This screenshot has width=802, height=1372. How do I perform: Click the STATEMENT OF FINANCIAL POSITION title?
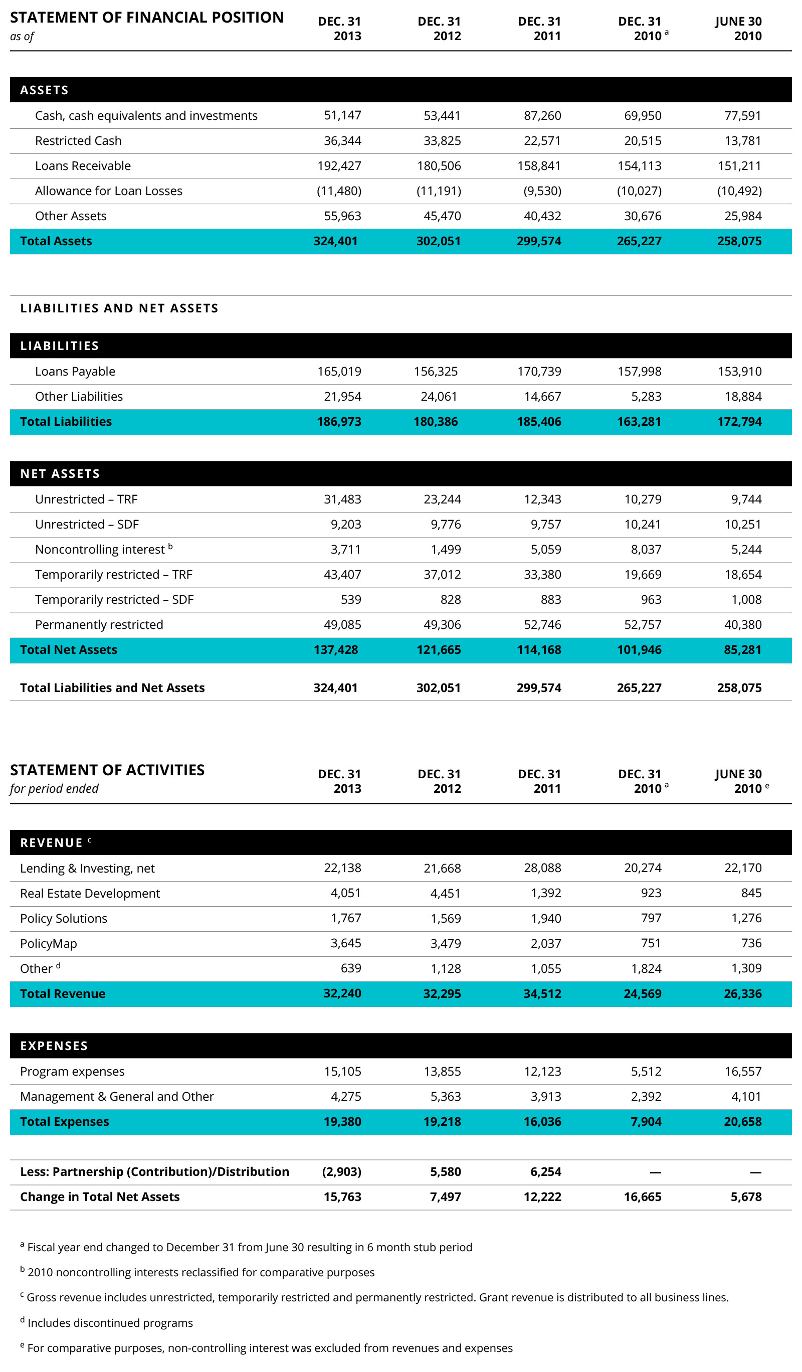coord(146,18)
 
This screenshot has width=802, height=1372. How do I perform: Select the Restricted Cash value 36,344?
coord(342,140)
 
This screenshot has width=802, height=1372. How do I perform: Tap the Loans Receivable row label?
coord(83,165)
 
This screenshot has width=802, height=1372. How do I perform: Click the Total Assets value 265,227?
coord(639,241)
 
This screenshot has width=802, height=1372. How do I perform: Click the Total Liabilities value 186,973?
coord(339,421)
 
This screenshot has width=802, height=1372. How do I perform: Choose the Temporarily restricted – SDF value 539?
coord(350,599)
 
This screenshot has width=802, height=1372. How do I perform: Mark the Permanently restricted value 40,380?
coord(743,624)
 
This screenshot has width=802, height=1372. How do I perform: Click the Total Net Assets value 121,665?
coord(439,649)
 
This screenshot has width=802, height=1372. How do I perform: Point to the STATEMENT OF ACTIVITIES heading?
coord(107,770)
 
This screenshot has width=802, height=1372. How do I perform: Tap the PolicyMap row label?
coord(49,944)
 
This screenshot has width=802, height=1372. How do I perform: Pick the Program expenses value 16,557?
coord(743,1072)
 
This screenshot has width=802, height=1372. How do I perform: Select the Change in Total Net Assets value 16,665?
coord(642,1196)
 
